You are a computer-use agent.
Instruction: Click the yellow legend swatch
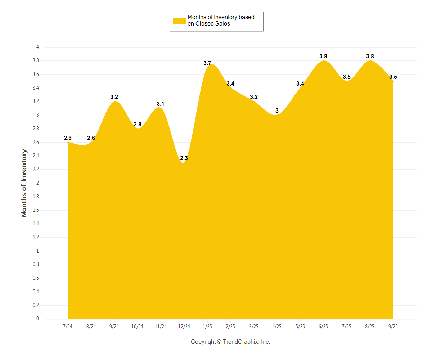click(179, 21)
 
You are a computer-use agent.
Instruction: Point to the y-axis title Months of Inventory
click(24, 183)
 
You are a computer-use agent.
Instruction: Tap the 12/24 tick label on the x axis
click(184, 327)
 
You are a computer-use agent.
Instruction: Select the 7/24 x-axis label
click(68, 327)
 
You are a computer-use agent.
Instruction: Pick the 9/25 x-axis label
click(393, 327)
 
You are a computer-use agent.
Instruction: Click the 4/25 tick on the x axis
click(277, 327)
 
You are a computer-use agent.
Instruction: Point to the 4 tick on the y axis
click(37, 47)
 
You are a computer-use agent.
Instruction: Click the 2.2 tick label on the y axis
click(36, 169)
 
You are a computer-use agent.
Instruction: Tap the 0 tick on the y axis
click(37, 319)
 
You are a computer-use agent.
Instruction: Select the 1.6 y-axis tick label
click(36, 210)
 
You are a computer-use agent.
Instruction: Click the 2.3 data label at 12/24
click(184, 158)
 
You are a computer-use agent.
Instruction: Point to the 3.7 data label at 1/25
click(207, 63)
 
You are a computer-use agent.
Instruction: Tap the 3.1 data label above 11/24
click(161, 104)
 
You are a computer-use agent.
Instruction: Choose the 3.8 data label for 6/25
click(323, 56)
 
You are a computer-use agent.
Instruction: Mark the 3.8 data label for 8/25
click(370, 56)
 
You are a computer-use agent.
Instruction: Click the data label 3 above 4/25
click(277, 111)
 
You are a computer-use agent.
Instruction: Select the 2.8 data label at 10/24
click(138, 124)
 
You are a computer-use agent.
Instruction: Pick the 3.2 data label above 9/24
click(114, 97)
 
